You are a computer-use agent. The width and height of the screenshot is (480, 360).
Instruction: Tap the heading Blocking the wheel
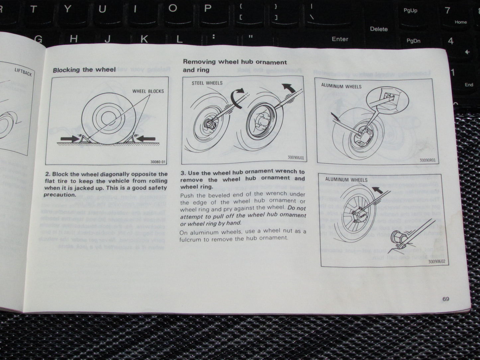pos(84,70)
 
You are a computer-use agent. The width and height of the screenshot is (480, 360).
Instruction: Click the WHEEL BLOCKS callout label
pos(148,91)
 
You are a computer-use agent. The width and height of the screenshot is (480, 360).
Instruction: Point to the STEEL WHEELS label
pos(207,83)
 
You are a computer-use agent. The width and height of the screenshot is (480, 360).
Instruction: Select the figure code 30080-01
pos(157,162)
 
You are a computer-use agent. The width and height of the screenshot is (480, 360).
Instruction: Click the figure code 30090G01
pos(295,158)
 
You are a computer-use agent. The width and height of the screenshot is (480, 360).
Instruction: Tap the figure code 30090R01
pos(427,160)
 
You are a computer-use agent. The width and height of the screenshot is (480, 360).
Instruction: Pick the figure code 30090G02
pos(436,261)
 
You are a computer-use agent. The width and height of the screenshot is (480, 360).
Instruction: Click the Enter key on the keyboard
pos(340,39)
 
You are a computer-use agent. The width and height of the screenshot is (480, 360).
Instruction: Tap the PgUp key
pos(410,11)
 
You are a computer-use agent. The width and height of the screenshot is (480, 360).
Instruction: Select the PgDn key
pos(413,41)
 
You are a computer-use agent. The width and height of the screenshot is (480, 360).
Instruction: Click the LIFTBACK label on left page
pos(23,72)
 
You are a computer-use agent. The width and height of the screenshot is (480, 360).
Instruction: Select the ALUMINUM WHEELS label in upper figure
pos(341,86)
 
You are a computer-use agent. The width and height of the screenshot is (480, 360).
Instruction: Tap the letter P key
pos(208,9)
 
